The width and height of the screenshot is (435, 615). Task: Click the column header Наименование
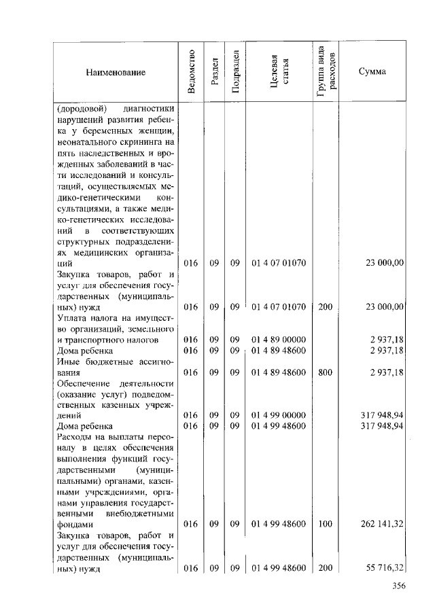[x=116, y=71]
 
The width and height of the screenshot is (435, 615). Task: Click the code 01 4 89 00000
[x=279, y=339]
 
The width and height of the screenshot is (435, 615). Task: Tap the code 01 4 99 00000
[x=279, y=415]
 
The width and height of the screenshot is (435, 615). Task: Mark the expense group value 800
[x=325, y=372]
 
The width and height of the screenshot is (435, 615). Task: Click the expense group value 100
[x=325, y=525]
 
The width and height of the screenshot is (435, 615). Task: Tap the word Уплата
[x=71, y=317]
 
